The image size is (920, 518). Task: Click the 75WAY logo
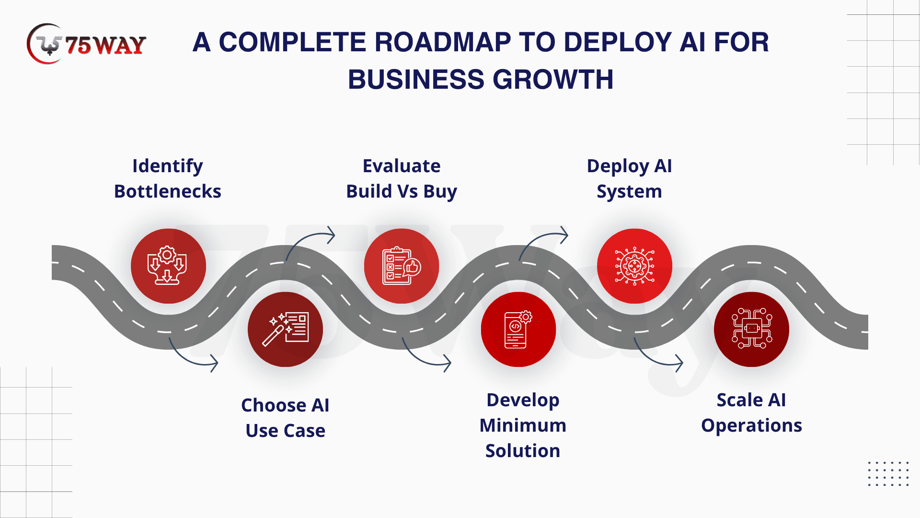click(x=87, y=44)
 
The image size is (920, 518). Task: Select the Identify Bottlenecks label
click(x=168, y=178)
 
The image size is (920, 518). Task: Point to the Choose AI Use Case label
click(x=285, y=418)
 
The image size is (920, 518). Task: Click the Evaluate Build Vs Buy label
click(x=402, y=178)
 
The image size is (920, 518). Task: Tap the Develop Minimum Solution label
click(x=523, y=425)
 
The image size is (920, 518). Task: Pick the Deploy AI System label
click(x=629, y=178)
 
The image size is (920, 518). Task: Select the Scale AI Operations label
click(x=751, y=412)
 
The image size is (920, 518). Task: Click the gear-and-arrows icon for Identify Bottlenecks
click(x=168, y=266)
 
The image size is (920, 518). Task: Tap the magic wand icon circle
click(x=285, y=330)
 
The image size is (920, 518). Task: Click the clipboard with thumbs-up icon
click(x=402, y=266)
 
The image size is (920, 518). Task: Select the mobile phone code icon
click(x=518, y=330)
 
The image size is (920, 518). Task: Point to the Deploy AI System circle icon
click(x=634, y=266)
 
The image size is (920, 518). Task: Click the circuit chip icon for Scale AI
click(x=751, y=330)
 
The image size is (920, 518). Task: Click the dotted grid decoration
click(x=888, y=474)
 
